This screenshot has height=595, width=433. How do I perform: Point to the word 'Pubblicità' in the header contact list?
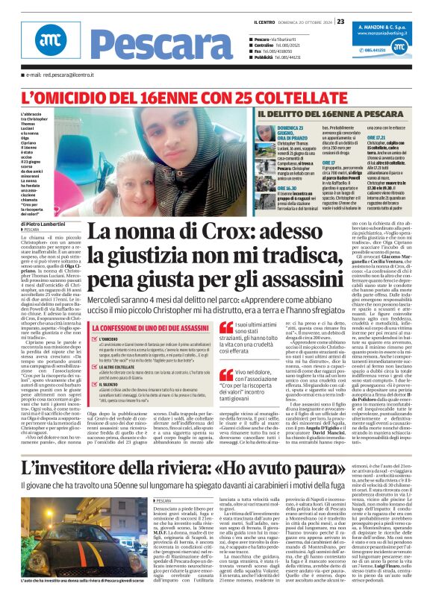[266, 56]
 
